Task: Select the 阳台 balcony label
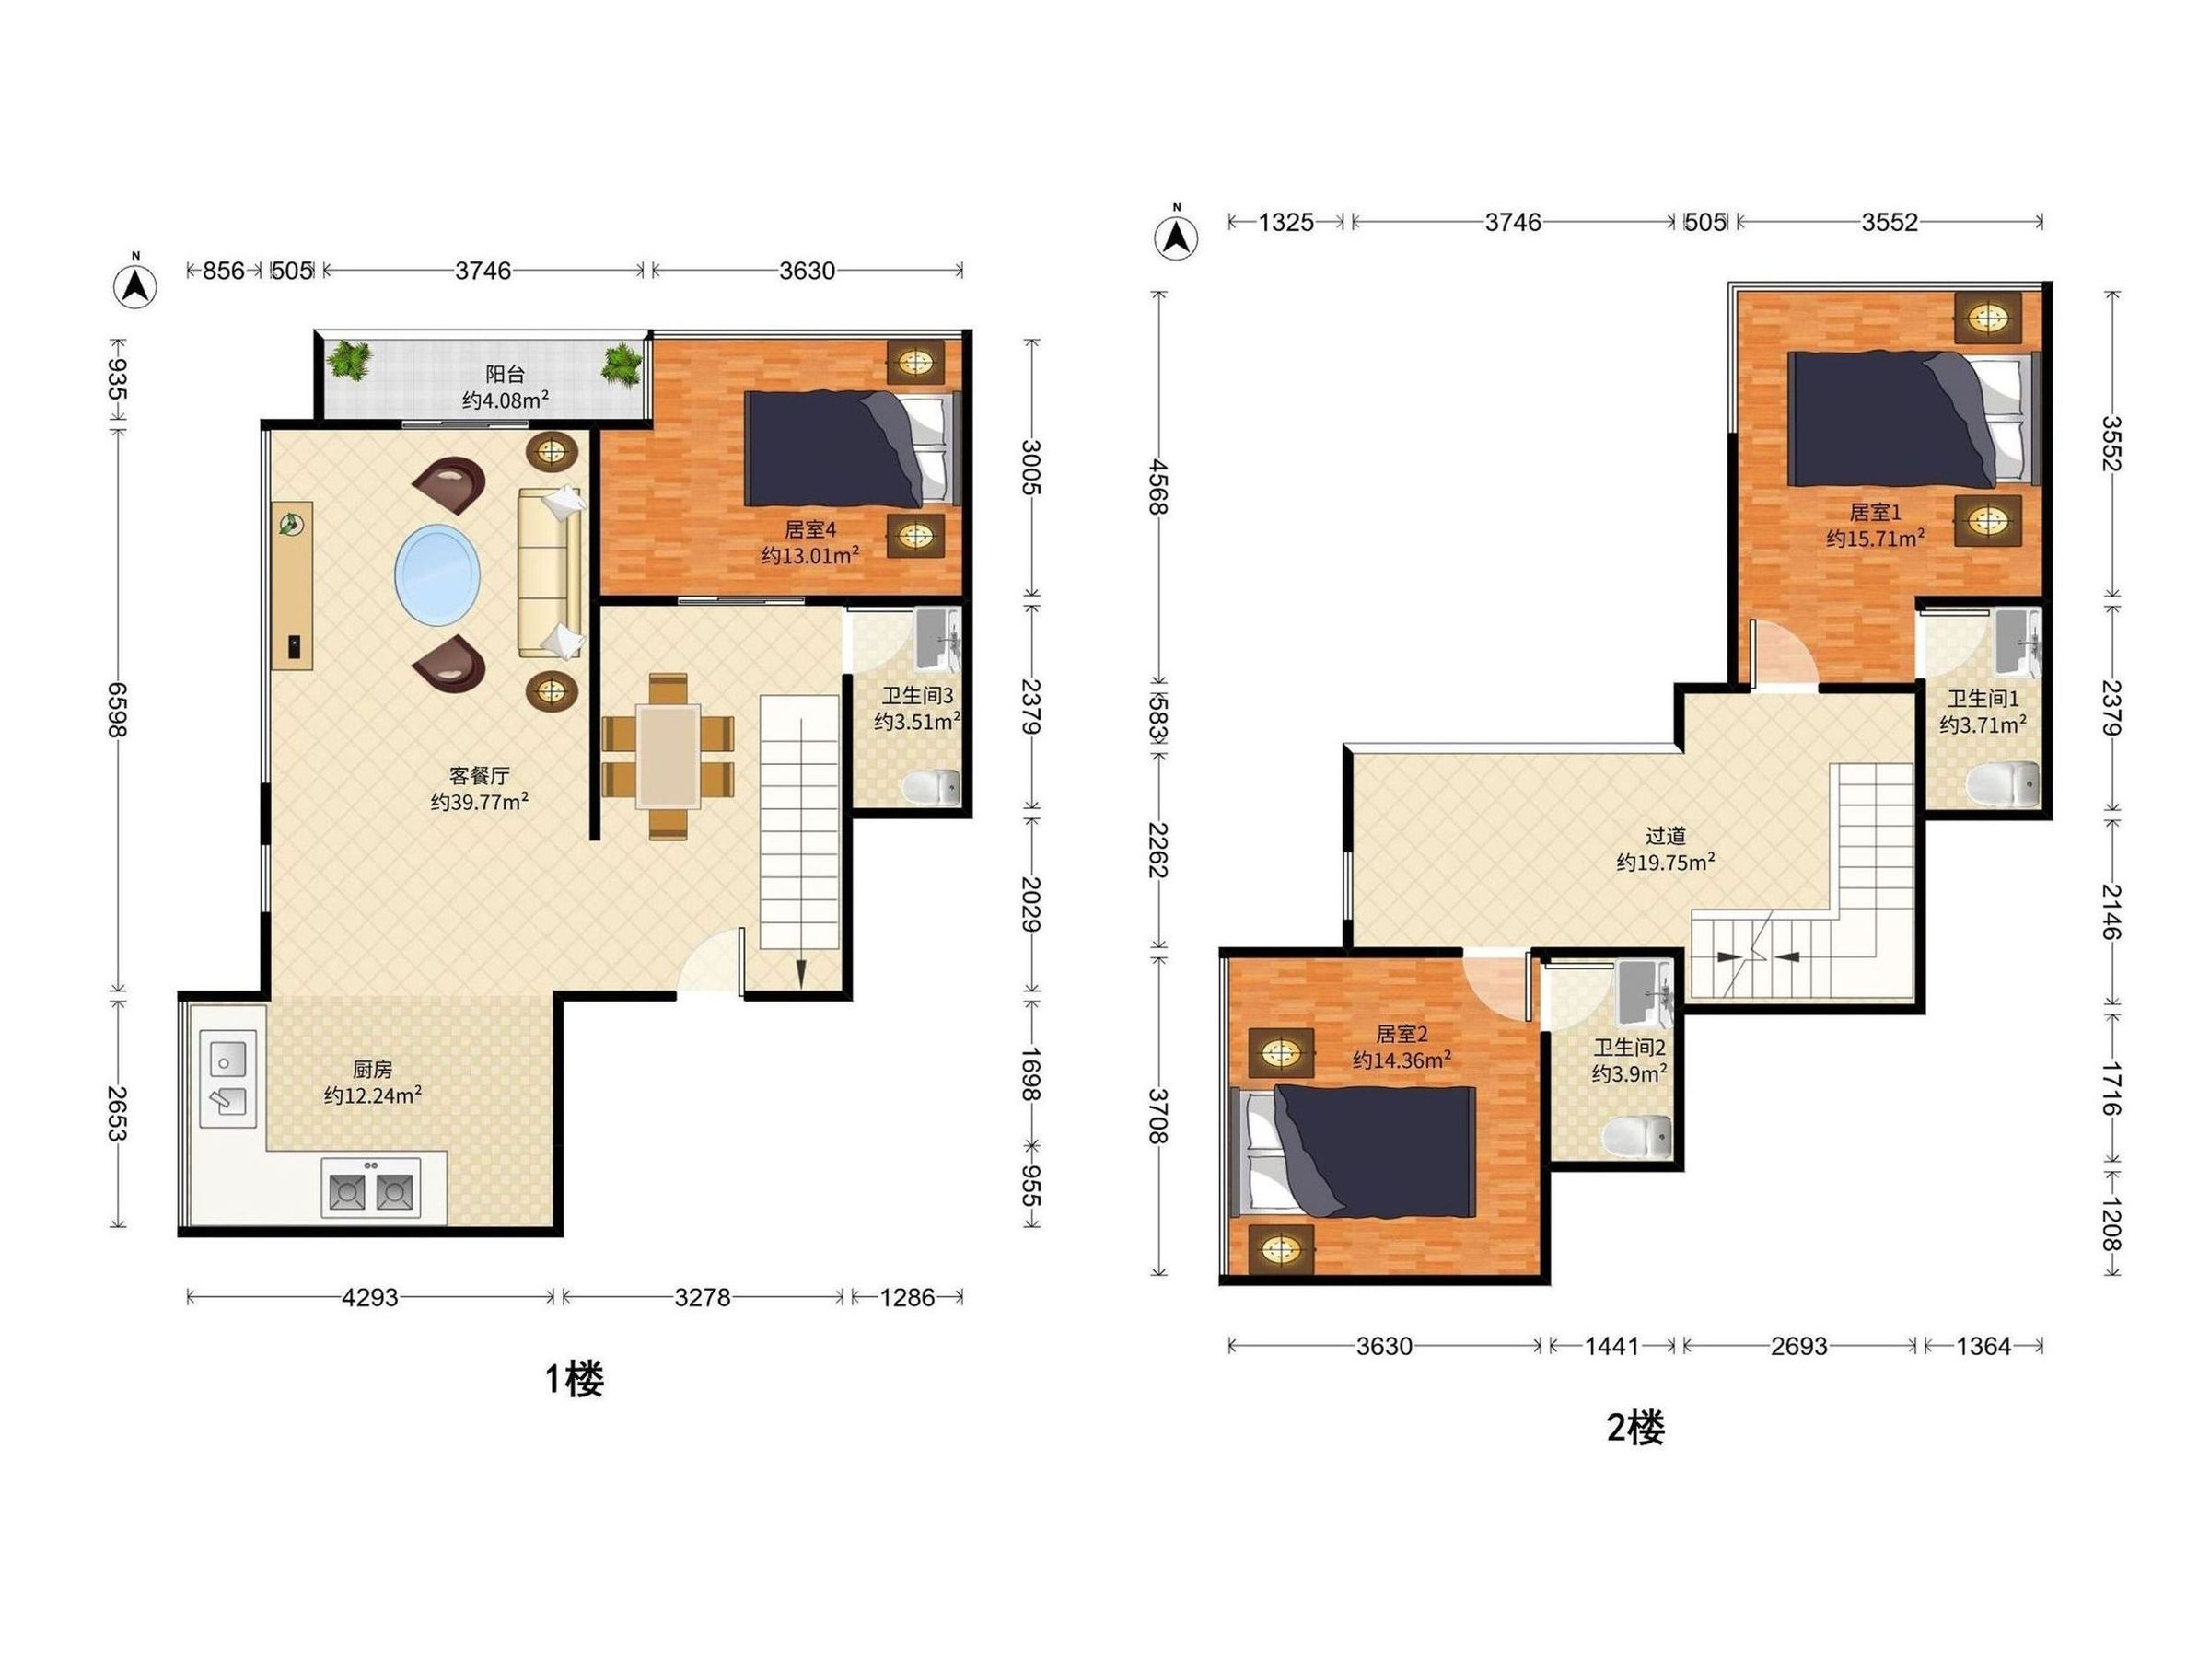click(505, 375)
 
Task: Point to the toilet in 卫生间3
click(930, 787)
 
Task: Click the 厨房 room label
click(372, 1070)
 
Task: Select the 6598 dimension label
click(118, 710)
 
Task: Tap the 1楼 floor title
click(574, 1379)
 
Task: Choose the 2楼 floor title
click(1635, 1429)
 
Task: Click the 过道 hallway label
click(1666, 836)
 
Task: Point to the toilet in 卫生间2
click(1637, 1137)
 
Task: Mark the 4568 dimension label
click(1159, 486)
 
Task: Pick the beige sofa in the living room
click(550, 574)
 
